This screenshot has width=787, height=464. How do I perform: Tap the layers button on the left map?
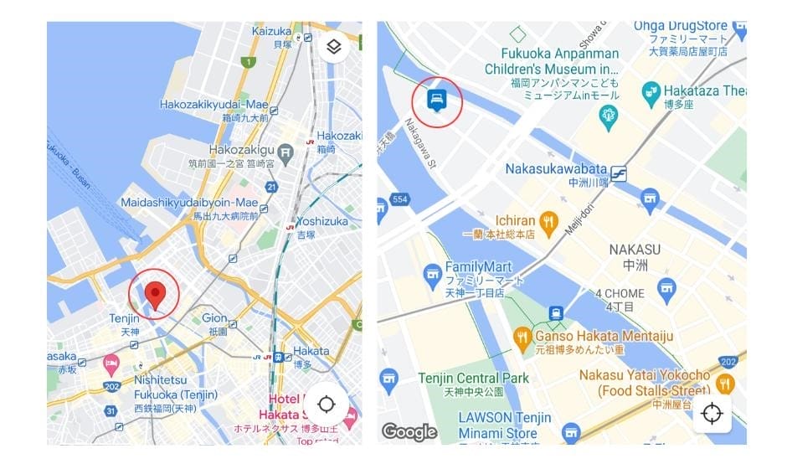pyautogui.click(x=333, y=47)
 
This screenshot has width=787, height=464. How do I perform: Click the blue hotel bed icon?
pyautogui.click(x=435, y=100)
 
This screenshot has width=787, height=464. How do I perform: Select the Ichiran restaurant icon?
pyautogui.click(x=548, y=221)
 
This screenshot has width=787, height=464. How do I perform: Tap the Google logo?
pyautogui.click(x=409, y=431)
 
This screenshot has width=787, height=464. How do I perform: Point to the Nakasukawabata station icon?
pyautogui.click(x=620, y=173)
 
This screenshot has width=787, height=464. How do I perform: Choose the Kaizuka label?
pyautogui.click(x=271, y=32)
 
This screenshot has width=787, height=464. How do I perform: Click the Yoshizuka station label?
pyautogui.click(x=321, y=222)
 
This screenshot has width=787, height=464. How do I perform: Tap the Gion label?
pyautogui.click(x=214, y=318)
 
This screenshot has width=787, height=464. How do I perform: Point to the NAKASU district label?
pyautogui.click(x=634, y=250)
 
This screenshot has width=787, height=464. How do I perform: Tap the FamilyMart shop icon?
pyautogui.click(x=432, y=273)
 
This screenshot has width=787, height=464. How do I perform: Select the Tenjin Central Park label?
pyautogui.click(x=473, y=378)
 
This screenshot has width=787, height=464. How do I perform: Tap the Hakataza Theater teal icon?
pyautogui.click(x=650, y=90)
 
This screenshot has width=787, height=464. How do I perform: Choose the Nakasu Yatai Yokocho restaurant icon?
pyautogui.click(x=725, y=384)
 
